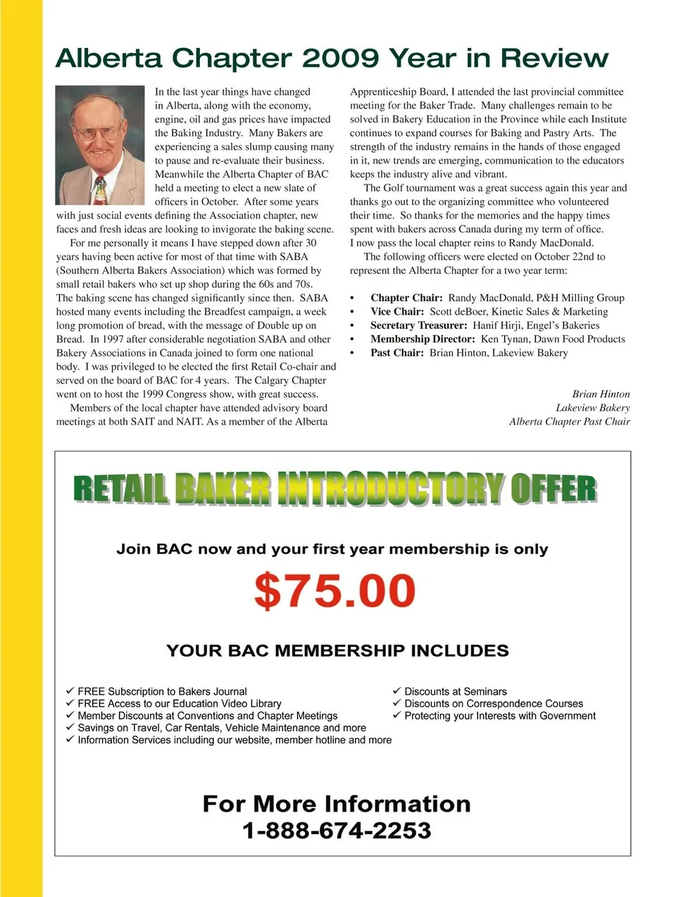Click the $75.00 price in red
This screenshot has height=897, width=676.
coord(334,591)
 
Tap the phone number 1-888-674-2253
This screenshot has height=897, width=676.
coord(337,831)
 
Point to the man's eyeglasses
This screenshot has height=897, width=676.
coord(99,132)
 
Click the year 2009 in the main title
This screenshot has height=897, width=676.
coord(341,58)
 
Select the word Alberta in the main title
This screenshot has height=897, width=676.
coord(108,58)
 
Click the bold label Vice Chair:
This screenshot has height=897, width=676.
coord(397,311)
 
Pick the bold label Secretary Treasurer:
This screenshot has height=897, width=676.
coord(418,325)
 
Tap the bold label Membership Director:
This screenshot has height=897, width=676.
coord(423,339)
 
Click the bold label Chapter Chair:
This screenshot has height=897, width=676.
coord(406,298)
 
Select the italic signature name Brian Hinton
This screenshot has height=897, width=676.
coord(601,394)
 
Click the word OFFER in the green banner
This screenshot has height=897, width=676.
coord(553,489)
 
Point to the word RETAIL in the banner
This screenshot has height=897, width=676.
coord(120,489)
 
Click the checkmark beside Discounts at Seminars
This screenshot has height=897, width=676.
coord(397,691)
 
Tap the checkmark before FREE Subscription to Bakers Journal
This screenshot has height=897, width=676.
coord(70,691)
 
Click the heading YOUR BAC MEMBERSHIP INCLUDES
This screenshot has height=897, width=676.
coord(337,651)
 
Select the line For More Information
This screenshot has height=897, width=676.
coord(337,804)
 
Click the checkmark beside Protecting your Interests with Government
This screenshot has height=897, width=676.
coord(397,715)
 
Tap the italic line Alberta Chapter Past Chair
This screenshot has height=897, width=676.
coord(569,422)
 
